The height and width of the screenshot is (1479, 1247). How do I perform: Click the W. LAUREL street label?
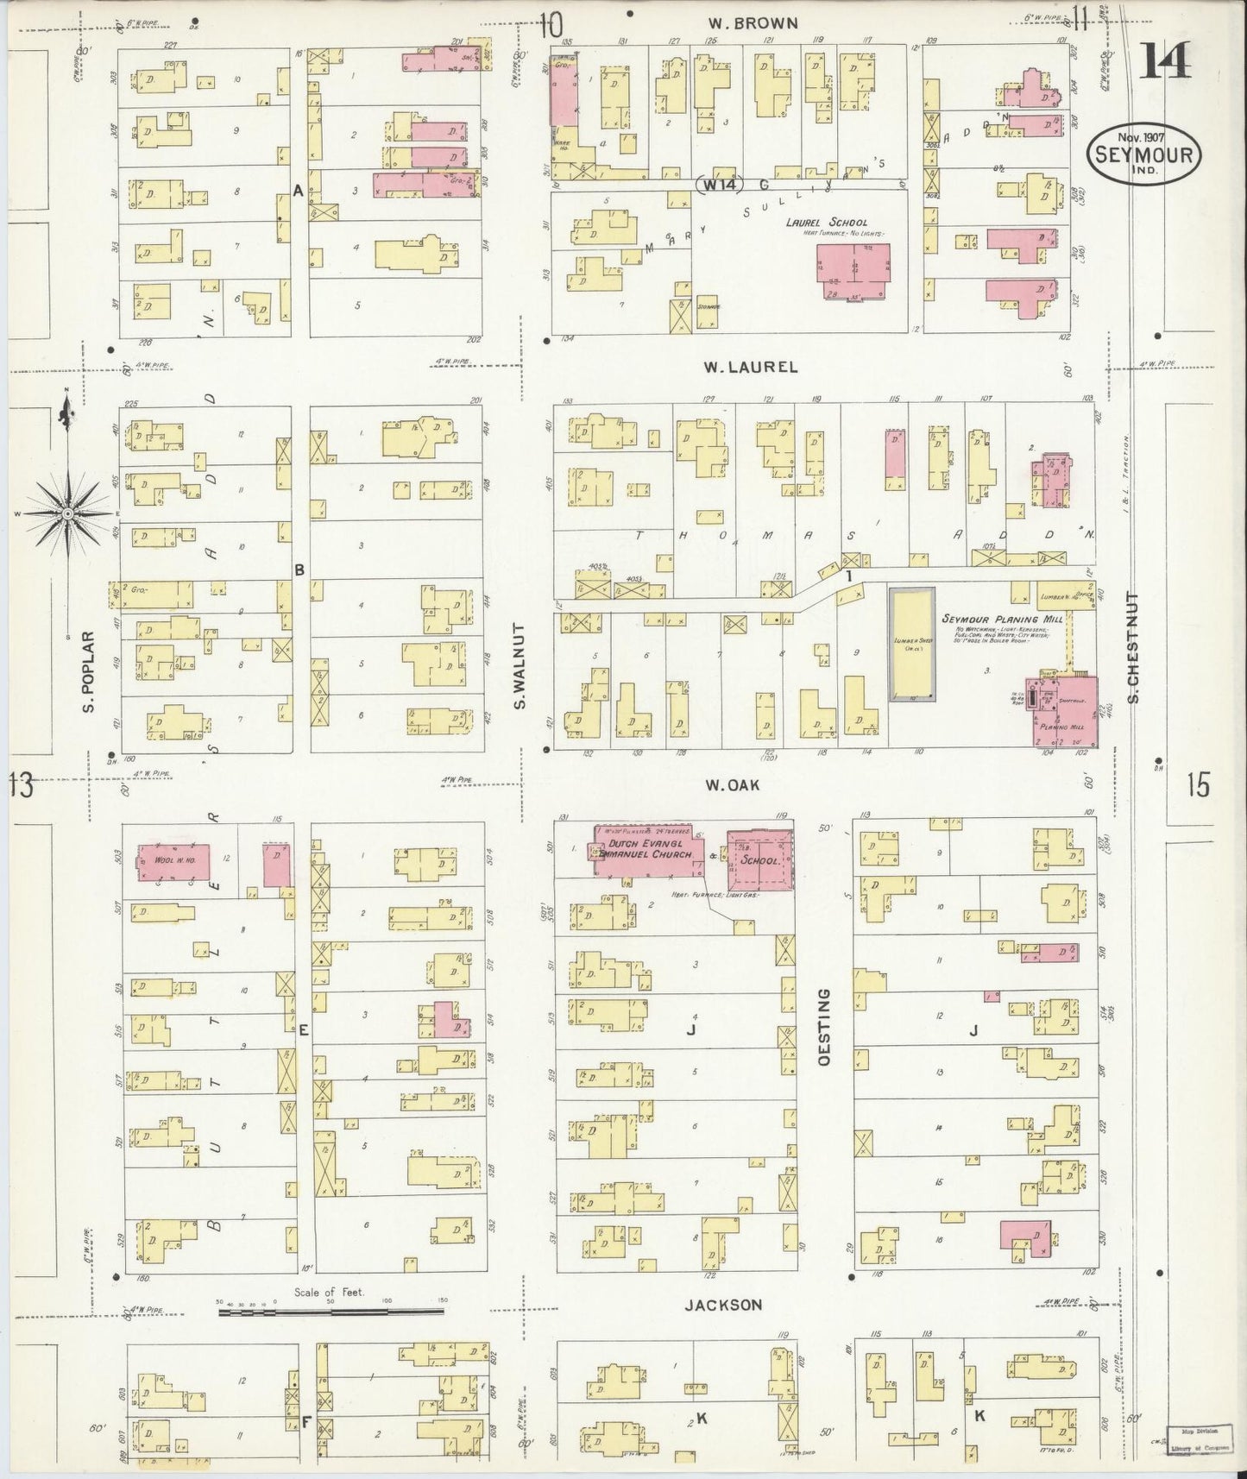pos(749,367)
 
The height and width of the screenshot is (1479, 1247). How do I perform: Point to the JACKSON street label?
pos(723,1305)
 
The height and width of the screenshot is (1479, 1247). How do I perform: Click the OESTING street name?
pos(823,1027)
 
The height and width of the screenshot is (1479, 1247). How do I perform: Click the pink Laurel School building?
pos(853,272)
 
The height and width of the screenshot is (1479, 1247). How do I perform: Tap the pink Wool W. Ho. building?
pos(174,862)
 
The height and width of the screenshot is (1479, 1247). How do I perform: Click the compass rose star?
pos(66,514)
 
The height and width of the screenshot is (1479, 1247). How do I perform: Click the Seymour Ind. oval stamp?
pos(1144,155)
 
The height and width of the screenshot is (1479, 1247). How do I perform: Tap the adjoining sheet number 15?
pos(1198,785)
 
